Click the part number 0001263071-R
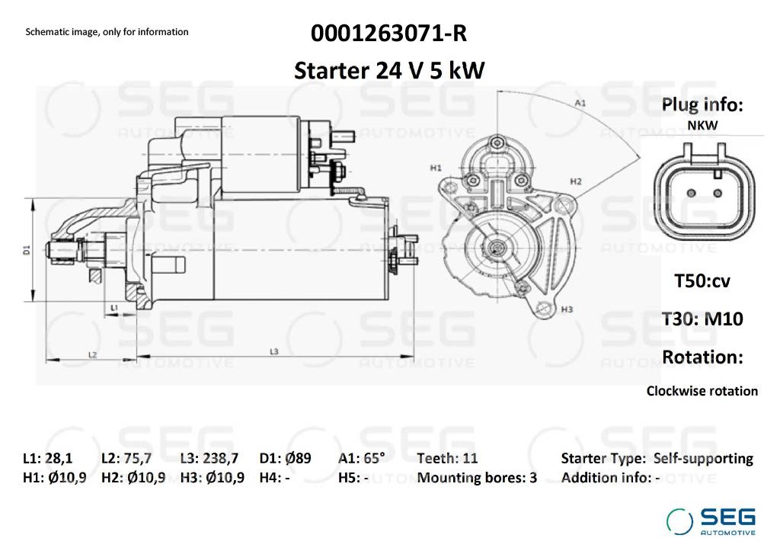tap(389, 34)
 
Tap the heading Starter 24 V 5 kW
tap(389, 70)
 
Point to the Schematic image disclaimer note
tap(107, 32)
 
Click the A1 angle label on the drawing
tap(580, 103)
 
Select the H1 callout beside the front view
tap(436, 168)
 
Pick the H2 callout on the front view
tap(576, 181)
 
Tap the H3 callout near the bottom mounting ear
tap(567, 309)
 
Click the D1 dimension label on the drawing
tap(27, 250)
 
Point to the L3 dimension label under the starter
tap(274, 351)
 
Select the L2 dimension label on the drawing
tap(92, 355)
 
